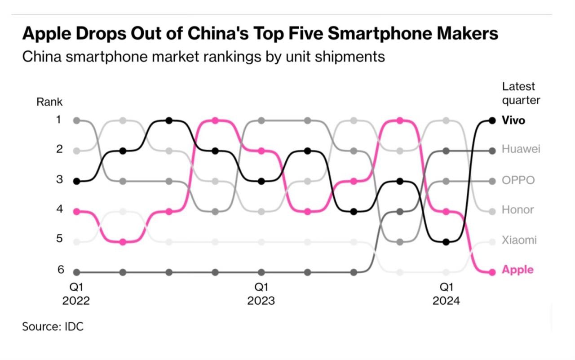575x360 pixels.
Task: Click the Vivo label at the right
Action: click(513, 120)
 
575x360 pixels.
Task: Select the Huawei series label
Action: click(521, 149)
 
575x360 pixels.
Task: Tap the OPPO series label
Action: click(518, 180)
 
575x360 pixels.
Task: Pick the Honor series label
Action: click(518, 210)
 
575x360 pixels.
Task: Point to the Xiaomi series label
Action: click(519, 240)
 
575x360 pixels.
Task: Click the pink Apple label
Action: click(517, 270)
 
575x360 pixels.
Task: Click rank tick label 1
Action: click(60, 120)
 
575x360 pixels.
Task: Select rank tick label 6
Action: click(60, 270)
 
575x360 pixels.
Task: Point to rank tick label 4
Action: click(60, 209)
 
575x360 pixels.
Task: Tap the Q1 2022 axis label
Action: click(76, 294)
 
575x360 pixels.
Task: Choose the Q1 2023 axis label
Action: click(261, 294)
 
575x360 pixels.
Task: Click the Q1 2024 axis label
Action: click(446, 294)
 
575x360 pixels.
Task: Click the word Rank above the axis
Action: click(49, 102)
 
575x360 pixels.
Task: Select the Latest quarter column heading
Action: click(521, 93)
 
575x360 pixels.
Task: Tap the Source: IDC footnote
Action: click(53, 326)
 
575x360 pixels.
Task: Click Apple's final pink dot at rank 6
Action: click(492, 272)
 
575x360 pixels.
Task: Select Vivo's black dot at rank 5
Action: click(446, 242)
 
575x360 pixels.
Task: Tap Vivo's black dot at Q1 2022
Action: click(76, 181)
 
